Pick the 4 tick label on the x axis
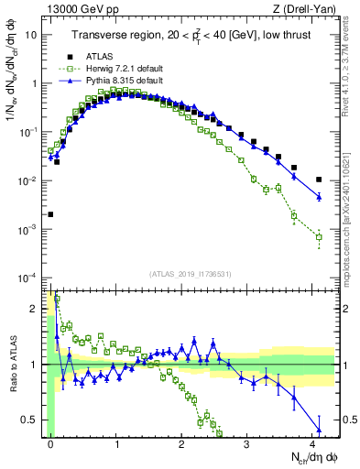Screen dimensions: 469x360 pos(312,444)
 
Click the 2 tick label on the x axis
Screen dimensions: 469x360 pos(182,444)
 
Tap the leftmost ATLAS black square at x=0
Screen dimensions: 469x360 pos(50,214)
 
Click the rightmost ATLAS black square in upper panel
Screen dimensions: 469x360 pos(319,180)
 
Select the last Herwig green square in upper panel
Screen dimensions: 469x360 pos(319,237)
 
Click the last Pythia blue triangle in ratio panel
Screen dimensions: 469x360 pos(319,430)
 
